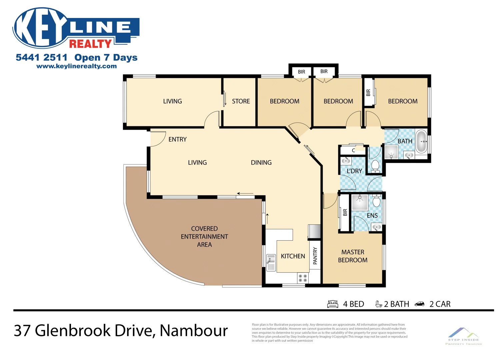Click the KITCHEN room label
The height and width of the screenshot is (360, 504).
(x=293, y=256)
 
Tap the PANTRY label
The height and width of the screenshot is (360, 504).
(x=315, y=256)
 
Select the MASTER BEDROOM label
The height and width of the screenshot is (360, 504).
(x=353, y=256)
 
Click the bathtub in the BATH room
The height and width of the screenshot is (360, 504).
(x=421, y=141)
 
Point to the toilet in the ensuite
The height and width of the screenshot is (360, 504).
(x=376, y=201)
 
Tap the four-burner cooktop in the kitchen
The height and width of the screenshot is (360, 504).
(x=303, y=278)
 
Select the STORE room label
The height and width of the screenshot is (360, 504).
(x=241, y=101)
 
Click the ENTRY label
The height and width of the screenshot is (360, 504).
(x=177, y=139)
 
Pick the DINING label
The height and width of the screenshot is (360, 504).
(x=261, y=163)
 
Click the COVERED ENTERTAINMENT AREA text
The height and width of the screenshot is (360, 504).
(x=204, y=237)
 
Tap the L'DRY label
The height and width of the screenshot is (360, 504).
(x=354, y=171)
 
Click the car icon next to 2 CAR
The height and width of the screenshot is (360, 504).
(x=419, y=304)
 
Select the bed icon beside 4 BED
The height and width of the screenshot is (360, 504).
(x=333, y=304)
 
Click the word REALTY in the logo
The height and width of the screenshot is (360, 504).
(x=90, y=44)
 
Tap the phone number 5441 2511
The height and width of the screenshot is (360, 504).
(x=41, y=57)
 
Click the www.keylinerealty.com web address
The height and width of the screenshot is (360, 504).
(x=77, y=66)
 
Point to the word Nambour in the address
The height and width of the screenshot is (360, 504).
(x=194, y=330)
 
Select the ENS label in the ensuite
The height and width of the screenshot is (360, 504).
(x=372, y=216)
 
